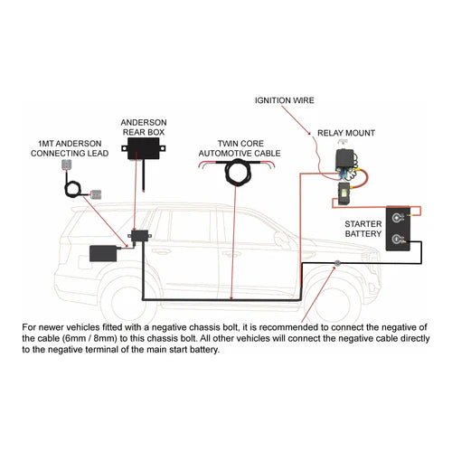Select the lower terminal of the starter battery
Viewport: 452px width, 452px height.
click(398, 240)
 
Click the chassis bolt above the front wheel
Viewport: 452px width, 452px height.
click(337, 264)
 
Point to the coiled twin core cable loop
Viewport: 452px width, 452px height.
click(240, 173)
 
